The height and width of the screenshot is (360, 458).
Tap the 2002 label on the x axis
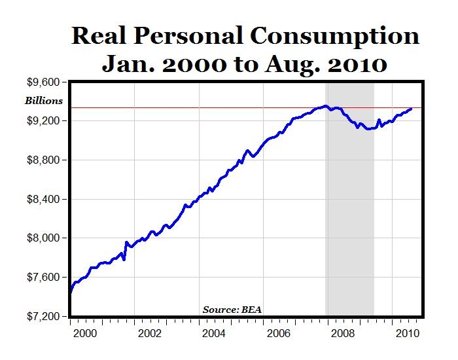[150, 333]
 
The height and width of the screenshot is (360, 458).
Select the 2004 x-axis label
[215, 333]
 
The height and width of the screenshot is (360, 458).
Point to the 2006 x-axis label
[279, 333]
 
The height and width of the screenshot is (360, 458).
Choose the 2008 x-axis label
[343, 333]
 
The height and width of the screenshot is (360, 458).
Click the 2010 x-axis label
[407, 333]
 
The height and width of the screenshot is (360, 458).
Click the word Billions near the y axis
[44, 101]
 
